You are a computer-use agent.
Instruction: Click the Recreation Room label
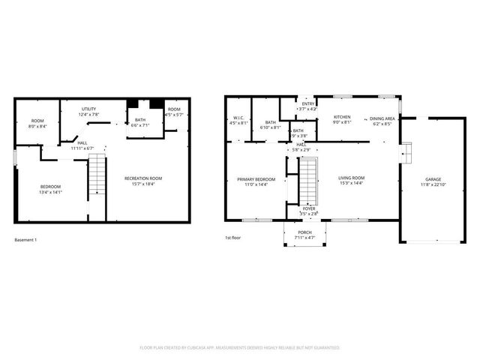pyautogui.click(x=143, y=178)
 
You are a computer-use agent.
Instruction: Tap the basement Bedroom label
pyautogui.click(x=50, y=186)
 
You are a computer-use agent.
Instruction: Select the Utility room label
pyautogui.click(x=88, y=109)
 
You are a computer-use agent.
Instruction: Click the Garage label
pyautogui.click(x=433, y=179)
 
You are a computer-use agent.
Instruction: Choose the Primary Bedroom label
pyautogui.click(x=256, y=179)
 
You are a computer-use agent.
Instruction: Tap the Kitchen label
pyautogui.click(x=342, y=117)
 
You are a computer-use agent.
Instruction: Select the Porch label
pyautogui.click(x=304, y=232)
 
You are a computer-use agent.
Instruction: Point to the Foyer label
pyautogui.click(x=309, y=209)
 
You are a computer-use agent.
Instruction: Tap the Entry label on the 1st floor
pyautogui.click(x=308, y=103)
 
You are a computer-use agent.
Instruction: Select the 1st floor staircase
pyautogui.click(x=309, y=181)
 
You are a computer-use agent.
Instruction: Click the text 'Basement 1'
pyautogui.click(x=25, y=240)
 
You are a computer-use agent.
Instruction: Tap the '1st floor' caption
pyautogui.click(x=232, y=237)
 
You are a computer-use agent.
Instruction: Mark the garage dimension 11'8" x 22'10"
pyautogui.click(x=433, y=184)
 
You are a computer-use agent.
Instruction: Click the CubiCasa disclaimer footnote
pyautogui.click(x=240, y=348)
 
